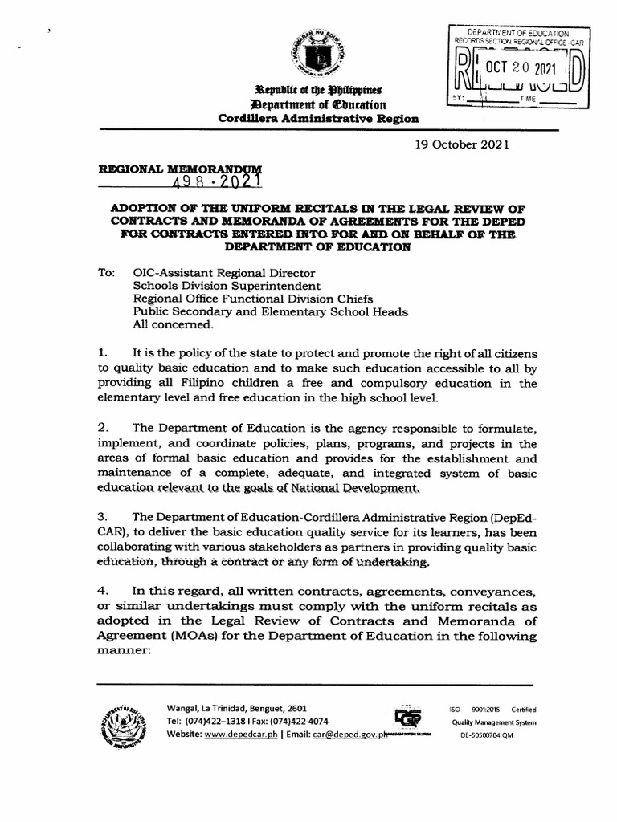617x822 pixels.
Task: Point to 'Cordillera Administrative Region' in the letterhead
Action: pyautogui.click(x=318, y=118)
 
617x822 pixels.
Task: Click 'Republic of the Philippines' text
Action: pyautogui.click(x=318, y=89)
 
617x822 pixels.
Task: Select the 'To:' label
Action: pyautogui.click(x=107, y=272)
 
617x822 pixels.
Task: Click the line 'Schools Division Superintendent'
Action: pyautogui.click(x=227, y=286)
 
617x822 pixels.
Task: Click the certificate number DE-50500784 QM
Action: pyautogui.click(x=486, y=735)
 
